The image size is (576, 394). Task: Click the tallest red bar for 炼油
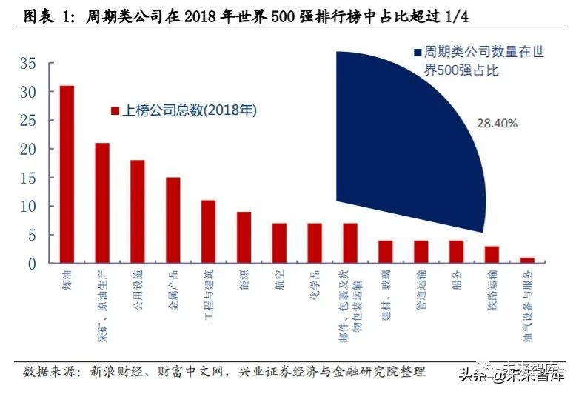pos(67,174)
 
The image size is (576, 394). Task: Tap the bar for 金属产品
pos(173,220)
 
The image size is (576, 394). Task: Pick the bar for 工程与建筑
pos(208,231)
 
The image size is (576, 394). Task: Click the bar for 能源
pos(244,237)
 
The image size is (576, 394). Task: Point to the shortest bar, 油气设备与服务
pos(527,260)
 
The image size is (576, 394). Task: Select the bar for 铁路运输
pos(492,254)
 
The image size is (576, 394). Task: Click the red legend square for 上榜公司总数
pos(115,111)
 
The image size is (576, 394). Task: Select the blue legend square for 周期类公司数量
pos(418,53)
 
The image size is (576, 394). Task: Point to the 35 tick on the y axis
pos(27,64)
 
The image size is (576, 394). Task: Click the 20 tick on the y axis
pos(27,149)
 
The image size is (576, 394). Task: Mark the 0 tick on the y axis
pos(31,263)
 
